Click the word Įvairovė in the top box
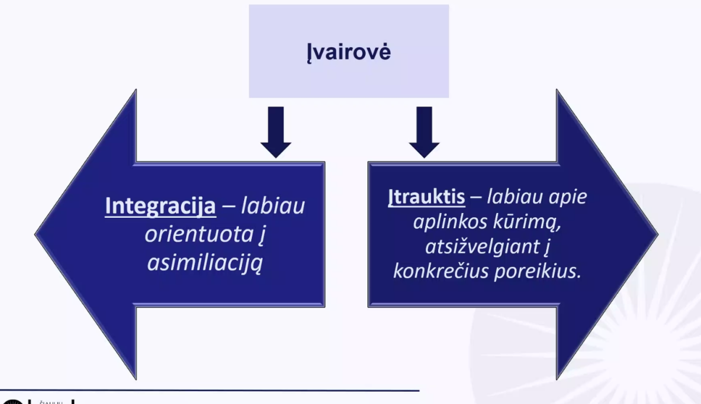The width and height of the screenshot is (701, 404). [x=349, y=52]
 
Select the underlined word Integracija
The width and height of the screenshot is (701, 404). [x=160, y=206]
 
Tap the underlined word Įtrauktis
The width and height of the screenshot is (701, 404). [x=426, y=197]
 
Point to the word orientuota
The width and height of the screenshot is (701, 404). [x=199, y=234]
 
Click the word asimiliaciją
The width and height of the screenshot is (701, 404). [x=205, y=263]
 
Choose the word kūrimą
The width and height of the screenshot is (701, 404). [x=527, y=222]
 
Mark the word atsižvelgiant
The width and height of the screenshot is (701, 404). [x=483, y=247]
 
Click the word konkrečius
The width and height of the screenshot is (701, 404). [x=441, y=271]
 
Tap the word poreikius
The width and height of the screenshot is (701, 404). [x=537, y=271]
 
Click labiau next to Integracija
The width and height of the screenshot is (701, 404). [x=273, y=206]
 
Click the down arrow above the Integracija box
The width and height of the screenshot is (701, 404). [x=276, y=133]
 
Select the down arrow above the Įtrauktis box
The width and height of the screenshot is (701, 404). [x=424, y=133]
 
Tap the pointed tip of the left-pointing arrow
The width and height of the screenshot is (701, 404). [x=35, y=234]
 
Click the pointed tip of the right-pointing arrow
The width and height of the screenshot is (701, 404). [x=658, y=234]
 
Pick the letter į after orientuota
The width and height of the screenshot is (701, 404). [x=262, y=235]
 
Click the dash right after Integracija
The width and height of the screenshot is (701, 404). [x=228, y=207]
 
